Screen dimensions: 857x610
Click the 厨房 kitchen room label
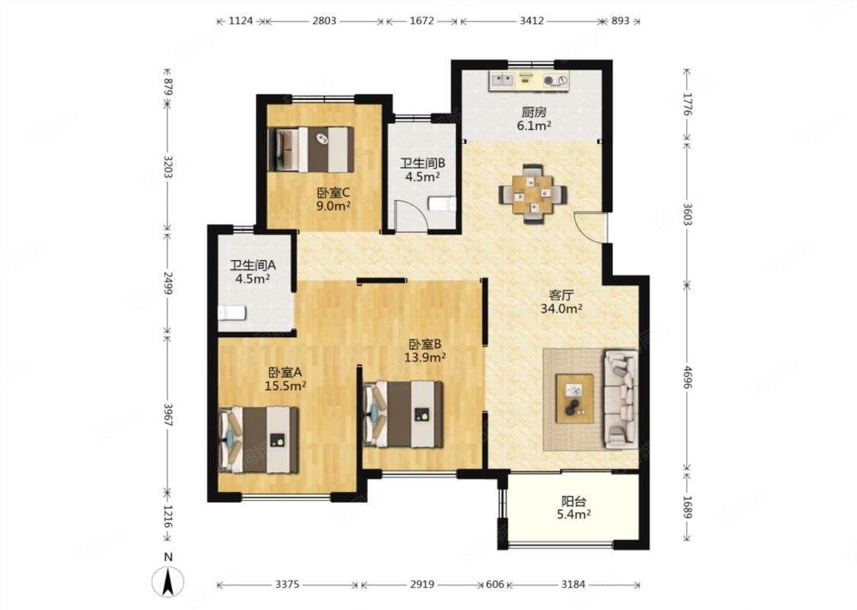(533, 113)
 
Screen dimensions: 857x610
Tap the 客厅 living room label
(561, 295)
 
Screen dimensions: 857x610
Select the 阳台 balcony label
(574, 501)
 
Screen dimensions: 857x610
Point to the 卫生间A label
(252, 265)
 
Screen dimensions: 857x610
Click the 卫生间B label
(423, 163)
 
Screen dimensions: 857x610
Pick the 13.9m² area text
(424, 358)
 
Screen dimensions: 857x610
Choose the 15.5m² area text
(285, 386)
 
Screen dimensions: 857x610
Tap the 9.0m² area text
(333, 206)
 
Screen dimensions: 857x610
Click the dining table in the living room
(533, 194)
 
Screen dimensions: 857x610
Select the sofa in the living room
(620, 398)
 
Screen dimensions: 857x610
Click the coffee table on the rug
(574, 398)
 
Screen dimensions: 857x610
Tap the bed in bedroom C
(311, 149)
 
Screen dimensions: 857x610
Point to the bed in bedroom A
(258, 440)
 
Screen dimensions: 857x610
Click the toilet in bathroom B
(442, 204)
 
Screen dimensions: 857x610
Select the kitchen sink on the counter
(503, 80)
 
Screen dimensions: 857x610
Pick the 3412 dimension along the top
(531, 21)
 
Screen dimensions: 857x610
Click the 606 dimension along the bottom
(494, 584)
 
